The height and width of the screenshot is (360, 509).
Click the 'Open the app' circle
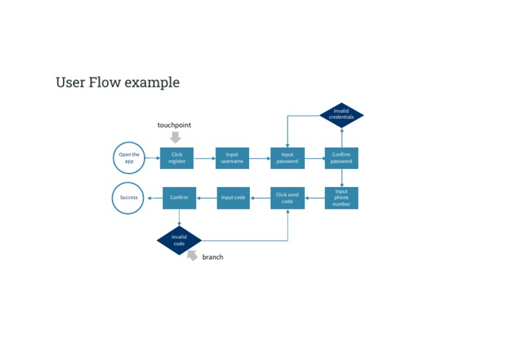(x=129, y=158)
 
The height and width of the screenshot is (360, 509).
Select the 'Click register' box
(x=176, y=158)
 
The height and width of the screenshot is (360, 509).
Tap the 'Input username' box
(x=232, y=158)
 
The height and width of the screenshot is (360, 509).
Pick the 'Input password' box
(x=287, y=158)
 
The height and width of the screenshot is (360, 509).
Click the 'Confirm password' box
(x=341, y=158)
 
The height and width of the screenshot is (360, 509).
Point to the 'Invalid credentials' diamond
(x=341, y=115)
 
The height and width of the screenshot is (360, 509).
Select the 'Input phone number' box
(x=341, y=198)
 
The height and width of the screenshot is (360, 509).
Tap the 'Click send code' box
(x=287, y=198)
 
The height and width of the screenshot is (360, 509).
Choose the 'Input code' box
(x=233, y=198)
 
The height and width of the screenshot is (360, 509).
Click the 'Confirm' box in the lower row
(x=179, y=198)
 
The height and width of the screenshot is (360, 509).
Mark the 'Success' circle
(x=129, y=198)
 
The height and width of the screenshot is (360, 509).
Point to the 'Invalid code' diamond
(x=179, y=240)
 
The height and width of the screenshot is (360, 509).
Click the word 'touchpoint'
(x=174, y=125)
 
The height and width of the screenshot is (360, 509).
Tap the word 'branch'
(x=213, y=257)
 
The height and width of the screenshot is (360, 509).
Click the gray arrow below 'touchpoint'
(x=175, y=137)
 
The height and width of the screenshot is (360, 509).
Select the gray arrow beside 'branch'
(x=192, y=255)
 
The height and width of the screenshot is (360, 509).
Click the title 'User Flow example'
(x=117, y=82)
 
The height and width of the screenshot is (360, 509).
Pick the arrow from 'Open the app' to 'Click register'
(x=152, y=158)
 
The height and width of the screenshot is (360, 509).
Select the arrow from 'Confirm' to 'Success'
(x=154, y=198)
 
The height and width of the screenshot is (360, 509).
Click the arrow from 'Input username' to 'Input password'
(x=260, y=158)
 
